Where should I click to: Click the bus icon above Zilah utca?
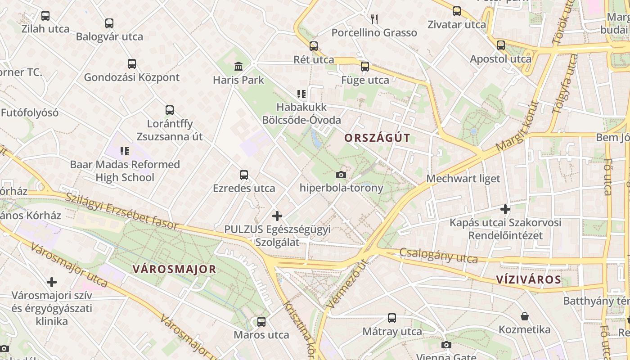(x=45, y=16)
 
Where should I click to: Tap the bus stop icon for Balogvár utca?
(x=109, y=23)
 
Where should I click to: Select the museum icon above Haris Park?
(x=238, y=67)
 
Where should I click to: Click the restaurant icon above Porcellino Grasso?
(x=374, y=19)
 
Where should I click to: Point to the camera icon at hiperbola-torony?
(x=341, y=175)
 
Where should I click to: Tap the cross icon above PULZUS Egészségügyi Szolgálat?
(x=277, y=216)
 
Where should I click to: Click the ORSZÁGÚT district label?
(x=377, y=138)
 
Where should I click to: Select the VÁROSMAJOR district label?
(x=174, y=270)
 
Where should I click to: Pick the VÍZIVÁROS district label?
(x=529, y=279)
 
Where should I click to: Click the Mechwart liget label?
(x=463, y=179)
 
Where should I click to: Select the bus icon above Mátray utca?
(x=392, y=318)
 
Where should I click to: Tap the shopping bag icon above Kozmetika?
(x=524, y=316)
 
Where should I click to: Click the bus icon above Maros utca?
(x=261, y=322)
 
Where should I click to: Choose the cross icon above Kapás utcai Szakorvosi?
(x=505, y=209)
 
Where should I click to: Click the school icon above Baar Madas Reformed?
(x=125, y=151)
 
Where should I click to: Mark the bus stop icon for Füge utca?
(x=364, y=67)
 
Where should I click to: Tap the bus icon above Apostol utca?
(x=500, y=45)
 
